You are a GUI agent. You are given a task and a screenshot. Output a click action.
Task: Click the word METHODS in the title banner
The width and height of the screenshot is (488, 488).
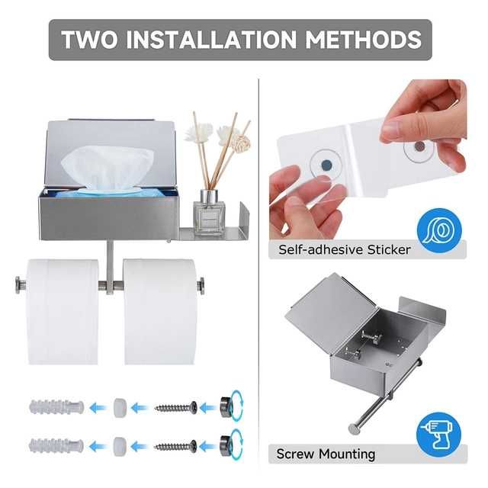[363, 40]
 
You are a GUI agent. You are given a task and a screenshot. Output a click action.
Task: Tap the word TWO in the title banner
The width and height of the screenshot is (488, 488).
[90, 40]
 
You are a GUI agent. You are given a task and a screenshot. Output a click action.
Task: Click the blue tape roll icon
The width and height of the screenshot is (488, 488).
[439, 230]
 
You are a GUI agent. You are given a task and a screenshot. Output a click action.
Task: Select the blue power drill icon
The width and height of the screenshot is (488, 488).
[439, 435]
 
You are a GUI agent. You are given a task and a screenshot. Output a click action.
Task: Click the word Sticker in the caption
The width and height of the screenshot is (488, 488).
[389, 249]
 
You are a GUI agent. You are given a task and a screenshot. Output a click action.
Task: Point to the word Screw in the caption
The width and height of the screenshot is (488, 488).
[295, 454]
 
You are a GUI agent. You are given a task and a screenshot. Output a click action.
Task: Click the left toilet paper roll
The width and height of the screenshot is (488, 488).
[63, 312]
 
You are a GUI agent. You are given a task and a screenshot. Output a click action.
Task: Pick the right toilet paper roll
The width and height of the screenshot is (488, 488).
[160, 312]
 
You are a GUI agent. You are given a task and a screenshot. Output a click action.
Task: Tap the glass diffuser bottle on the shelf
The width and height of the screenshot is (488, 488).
[209, 212]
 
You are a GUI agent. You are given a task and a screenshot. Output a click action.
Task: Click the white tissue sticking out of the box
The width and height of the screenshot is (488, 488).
[108, 168]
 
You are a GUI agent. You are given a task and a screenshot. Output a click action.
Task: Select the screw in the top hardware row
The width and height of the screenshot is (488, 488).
[176, 407]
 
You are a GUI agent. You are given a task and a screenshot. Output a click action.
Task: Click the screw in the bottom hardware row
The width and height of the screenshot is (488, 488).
[176, 447]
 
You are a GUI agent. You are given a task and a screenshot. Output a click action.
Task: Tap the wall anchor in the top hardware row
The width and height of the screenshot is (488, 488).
[56, 407]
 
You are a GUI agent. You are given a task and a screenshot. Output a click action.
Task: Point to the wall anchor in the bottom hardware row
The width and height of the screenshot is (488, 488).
[56, 446]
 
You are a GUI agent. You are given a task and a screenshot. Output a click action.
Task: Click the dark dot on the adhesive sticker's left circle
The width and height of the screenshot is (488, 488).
[326, 165]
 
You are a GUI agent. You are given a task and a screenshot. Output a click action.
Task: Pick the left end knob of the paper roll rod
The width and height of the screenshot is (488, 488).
[21, 285]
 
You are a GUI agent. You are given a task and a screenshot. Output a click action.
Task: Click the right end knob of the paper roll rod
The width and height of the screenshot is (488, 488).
[201, 286]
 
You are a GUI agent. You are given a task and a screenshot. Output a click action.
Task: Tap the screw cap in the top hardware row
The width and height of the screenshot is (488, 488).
[226, 406]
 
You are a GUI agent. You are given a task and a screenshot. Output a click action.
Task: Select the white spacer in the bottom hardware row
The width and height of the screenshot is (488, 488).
[120, 447]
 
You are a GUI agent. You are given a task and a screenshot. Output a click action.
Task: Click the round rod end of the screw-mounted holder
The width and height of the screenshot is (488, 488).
[354, 429]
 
